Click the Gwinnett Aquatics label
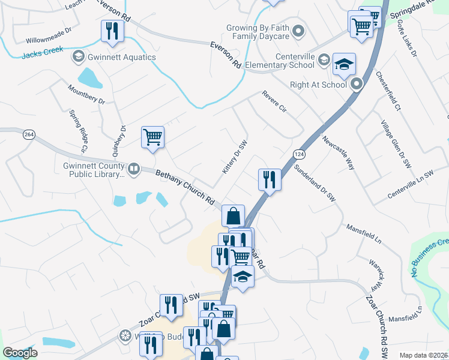point(120,58)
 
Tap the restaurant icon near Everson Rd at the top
point(111,31)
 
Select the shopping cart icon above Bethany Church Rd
point(152,137)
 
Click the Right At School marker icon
point(357,85)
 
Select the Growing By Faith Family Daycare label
point(258,32)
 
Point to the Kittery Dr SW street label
point(235,158)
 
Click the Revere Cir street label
point(274,102)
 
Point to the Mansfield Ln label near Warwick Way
point(364,235)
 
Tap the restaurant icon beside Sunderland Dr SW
point(270,179)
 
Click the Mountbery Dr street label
point(86,95)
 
